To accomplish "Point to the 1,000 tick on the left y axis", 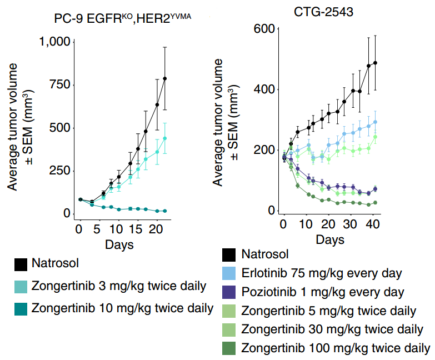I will pyautogui.click(x=54, y=42).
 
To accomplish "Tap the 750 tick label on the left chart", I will pyautogui.click(x=59, y=84).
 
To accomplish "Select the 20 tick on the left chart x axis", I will pyautogui.click(x=156, y=229).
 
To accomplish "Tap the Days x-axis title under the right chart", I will pyautogui.click(x=330, y=240).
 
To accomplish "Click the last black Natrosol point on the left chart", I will pyautogui.click(x=165, y=78).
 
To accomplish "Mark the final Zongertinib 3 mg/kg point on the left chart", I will pyautogui.click(x=165, y=138).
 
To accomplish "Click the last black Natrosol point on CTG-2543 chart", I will pyautogui.click(x=376, y=63).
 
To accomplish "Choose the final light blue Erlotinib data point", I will pyautogui.click(x=376, y=122).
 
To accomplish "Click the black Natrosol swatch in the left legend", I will pyautogui.click(x=21, y=265).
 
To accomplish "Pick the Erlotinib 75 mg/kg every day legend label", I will pyautogui.click(x=322, y=273).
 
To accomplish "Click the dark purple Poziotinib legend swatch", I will pyautogui.click(x=229, y=292).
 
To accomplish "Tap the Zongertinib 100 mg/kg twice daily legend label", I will pyautogui.click(x=336, y=348).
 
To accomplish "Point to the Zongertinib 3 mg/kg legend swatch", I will pyautogui.click(x=21, y=286).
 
